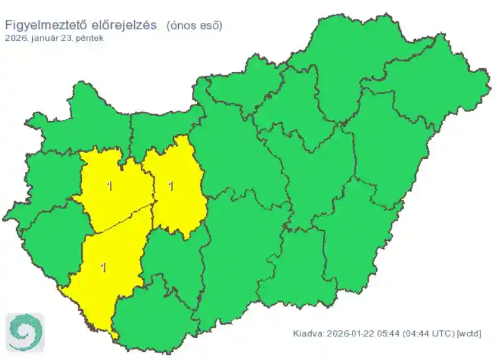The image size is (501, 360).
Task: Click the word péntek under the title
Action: (x=89, y=38)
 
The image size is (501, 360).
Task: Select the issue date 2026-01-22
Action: (x=349, y=334)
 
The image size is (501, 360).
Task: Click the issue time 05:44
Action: (x=388, y=334)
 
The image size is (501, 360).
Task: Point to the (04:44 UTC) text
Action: (x=428, y=334)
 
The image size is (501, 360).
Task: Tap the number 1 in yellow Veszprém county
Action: (x=110, y=186)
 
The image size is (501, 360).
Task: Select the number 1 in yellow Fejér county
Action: (x=171, y=186)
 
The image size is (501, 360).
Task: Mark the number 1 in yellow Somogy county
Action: (x=103, y=268)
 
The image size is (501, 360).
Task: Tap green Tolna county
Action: (x=171, y=261)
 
